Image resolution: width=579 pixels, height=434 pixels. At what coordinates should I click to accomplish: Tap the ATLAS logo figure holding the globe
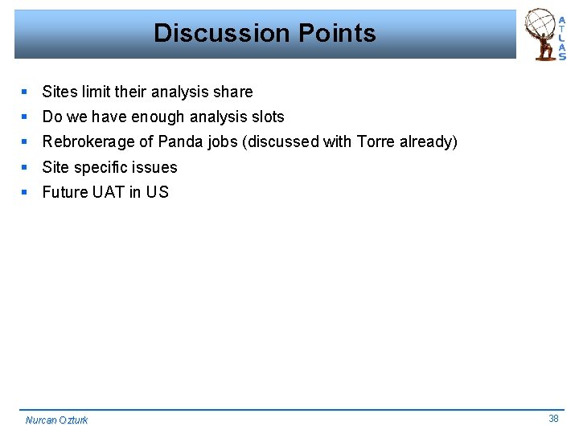(x=542, y=35)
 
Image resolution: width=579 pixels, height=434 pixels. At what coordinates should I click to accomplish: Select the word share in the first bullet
(x=233, y=92)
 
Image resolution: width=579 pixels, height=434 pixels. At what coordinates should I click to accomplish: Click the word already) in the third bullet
(x=429, y=142)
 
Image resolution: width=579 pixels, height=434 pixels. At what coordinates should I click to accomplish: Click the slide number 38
(x=553, y=418)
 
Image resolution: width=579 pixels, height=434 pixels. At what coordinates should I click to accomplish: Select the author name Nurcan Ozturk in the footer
(x=56, y=420)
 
